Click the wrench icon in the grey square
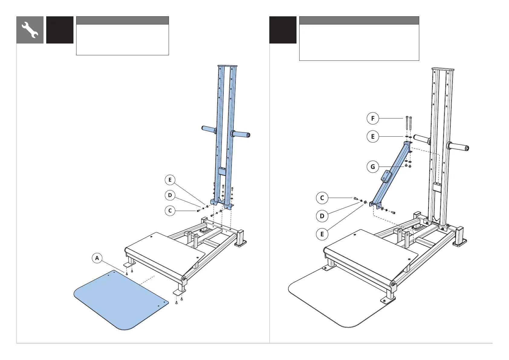pyautogui.click(x=30, y=30)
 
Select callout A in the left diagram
pyautogui.click(x=97, y=258)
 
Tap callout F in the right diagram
pyautogui.click(x=373, y=118)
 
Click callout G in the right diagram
pyautogui.click(x=373, y=167)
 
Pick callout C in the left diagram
pyautogui.click(x=170, y=210)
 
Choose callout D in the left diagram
pyautogui.click(x=170, y=195)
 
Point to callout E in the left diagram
pyautogui.click(x=170, y=180)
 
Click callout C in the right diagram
pyautogui.click(x=322, y=198)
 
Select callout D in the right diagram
pyautogui.click(x=322, y=216)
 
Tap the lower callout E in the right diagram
pyautogui.click(x=322, y=234)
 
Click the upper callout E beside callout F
pyautogui.click(x=373, y=137)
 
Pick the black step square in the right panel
pyautogui.click(x=283, y=30)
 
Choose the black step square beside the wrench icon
pyautogui.click(x=60, y=30)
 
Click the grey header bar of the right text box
pyautogui.click(x=359, y=20)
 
